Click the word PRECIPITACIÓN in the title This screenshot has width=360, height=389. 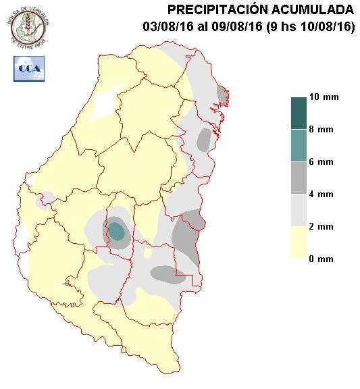213,9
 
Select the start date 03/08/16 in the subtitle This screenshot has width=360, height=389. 166,27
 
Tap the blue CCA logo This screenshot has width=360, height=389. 29,69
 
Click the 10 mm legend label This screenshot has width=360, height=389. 324,97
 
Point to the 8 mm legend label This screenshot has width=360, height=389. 321,130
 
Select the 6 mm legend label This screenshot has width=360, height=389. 321,162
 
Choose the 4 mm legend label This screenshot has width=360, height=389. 321,194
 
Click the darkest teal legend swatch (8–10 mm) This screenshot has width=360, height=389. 299,113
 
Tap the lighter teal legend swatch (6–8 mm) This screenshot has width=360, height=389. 299,145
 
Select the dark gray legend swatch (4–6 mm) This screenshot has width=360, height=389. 299,178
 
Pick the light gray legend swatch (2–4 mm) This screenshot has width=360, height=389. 299,210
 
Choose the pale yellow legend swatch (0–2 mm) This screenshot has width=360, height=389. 299,242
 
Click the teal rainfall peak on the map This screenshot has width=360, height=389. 117,232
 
